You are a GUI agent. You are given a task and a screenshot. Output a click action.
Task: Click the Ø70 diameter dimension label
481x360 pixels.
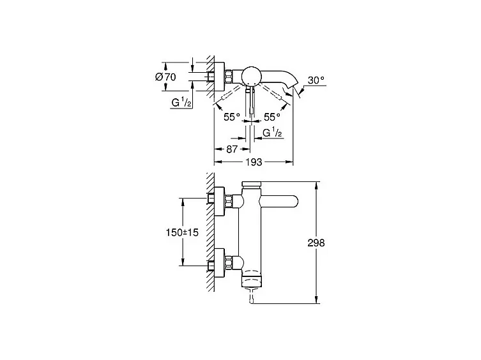(165, 77)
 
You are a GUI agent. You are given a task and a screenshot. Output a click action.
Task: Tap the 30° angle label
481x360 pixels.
(316, 80)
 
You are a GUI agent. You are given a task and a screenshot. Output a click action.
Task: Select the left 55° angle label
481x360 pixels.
(232, 117)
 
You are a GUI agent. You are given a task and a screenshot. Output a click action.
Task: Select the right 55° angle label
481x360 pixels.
(272, 117)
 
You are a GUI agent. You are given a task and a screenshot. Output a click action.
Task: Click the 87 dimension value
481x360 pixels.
(232, 149)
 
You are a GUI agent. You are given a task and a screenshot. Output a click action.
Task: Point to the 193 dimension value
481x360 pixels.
(254, 162)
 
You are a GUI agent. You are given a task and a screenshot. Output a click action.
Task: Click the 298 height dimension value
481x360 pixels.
(316, 243)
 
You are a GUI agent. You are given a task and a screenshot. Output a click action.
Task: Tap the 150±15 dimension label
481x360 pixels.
(182, 232)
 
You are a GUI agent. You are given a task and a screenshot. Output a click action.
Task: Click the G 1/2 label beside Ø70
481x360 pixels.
(181, 102)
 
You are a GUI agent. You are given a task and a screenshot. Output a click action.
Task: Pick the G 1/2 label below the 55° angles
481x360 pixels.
(273, 133)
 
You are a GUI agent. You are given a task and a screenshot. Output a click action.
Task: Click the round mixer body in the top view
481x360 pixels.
(252, 76)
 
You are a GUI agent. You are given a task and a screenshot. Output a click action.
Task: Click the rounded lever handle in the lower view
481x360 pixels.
(279, 201)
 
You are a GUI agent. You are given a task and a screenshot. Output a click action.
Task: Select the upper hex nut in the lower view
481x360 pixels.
(229, 201)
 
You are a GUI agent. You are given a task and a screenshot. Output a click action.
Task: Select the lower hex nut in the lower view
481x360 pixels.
(229, 262)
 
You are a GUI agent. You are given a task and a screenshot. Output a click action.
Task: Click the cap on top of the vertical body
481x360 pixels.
(251, 184)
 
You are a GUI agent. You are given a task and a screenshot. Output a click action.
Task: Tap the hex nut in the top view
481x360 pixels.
(229, 77)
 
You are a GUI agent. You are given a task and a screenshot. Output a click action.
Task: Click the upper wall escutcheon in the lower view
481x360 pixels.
(219, 201)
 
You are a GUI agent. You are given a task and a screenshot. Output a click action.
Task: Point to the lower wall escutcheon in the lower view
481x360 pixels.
(219, 262)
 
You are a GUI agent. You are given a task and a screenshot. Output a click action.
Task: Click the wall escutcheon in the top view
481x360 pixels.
(219, 77)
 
